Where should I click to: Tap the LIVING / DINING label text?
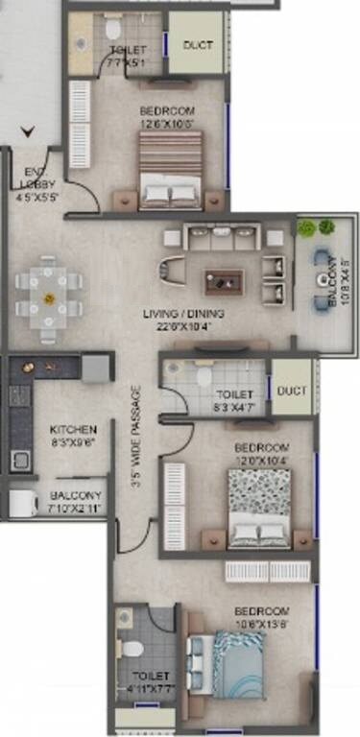[186, 314]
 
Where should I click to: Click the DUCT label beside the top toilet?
[198, 44]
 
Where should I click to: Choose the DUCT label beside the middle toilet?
[292, 391]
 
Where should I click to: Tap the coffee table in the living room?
[223, 280]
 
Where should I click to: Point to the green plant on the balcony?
[306, 229]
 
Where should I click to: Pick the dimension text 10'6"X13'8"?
[261, 624]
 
